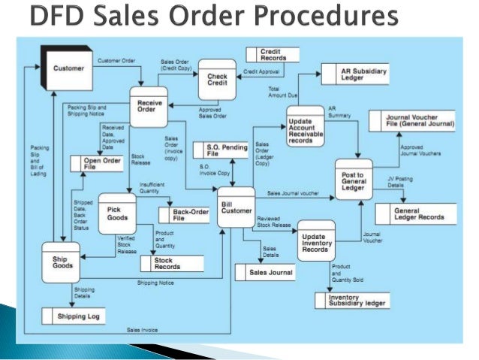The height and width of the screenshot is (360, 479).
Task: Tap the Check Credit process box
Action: tap(217, 80)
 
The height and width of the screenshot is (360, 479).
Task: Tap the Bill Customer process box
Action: tap(236, 207)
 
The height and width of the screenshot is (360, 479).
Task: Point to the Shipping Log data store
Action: tap(80, 316)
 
